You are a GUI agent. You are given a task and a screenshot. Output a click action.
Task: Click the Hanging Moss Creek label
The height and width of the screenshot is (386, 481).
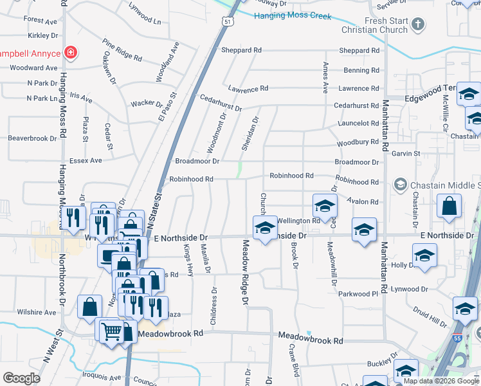click(x=293, y=16)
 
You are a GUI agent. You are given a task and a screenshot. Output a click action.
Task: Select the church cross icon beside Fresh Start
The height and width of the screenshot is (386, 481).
click(x=418, y=25)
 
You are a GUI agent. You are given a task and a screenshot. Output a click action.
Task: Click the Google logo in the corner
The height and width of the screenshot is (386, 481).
click(x=21, y=378)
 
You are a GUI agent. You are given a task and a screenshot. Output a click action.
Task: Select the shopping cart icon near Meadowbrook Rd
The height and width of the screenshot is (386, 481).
click(x=111, y=332)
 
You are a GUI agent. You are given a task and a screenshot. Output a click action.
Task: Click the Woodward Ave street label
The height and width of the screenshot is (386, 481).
click(x=34, y=68)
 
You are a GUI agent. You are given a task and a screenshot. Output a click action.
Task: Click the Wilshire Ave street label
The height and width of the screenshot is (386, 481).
click(x=37, y=313)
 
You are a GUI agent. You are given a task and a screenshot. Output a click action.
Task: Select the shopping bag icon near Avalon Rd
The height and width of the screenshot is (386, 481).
click(x=449, y=206)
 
